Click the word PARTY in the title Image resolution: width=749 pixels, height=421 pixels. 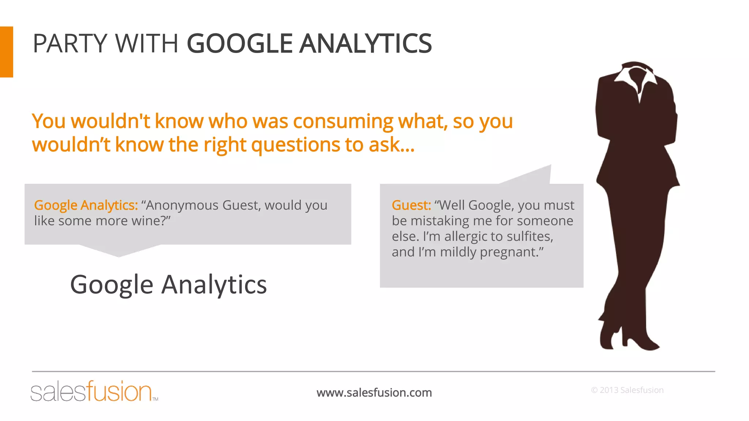click(69, 43)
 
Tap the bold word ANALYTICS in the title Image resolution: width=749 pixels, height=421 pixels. click(365, 43)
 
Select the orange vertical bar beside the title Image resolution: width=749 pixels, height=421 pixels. click(6, 52)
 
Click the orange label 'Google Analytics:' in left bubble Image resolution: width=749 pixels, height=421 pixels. click(86, 205)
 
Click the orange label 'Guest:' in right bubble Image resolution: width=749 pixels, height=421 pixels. click(411, 205)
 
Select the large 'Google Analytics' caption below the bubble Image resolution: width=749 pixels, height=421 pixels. click(168, 285)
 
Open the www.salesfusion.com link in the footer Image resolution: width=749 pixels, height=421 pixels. click(374, 392)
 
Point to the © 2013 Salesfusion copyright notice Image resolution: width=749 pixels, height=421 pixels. click(627, 390)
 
